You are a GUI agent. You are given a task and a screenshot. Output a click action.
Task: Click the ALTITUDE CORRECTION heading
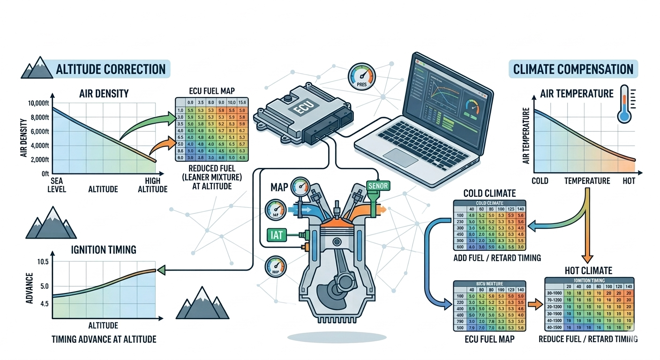pyautogui.click(x=111, y=69)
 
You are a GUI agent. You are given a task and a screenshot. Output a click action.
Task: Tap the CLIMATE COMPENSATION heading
pyautogui.click(x=573, y=69)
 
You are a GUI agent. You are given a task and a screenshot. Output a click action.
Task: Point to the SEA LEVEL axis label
pyautogui.click(x=57, y=185)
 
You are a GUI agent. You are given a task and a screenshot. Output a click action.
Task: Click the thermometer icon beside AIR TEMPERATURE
pyautogui.click(x=625, y=104)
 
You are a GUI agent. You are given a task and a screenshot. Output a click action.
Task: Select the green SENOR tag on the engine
pyautogui.click(x=378, y=186)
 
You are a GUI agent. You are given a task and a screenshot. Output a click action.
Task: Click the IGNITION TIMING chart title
pyautogui.click(x=104, y=249)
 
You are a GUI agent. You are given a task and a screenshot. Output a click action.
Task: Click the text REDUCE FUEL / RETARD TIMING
pyautogui.click(x=588, y=339)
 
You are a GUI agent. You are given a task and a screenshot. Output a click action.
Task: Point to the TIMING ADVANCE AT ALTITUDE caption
pyautogui.click(x=104, y=339)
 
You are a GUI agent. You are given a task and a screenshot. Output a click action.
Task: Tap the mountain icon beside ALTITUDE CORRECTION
pyautogui.click(x=36, y=68)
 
